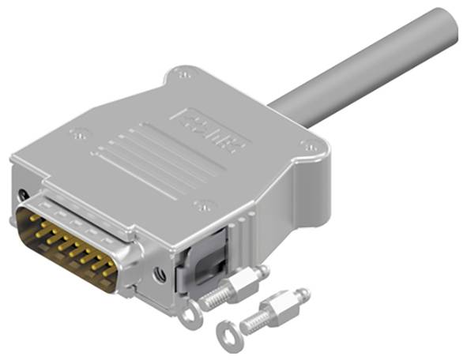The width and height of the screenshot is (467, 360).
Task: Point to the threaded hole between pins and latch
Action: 160,274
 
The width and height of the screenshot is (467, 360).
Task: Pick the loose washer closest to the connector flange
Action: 188,316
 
